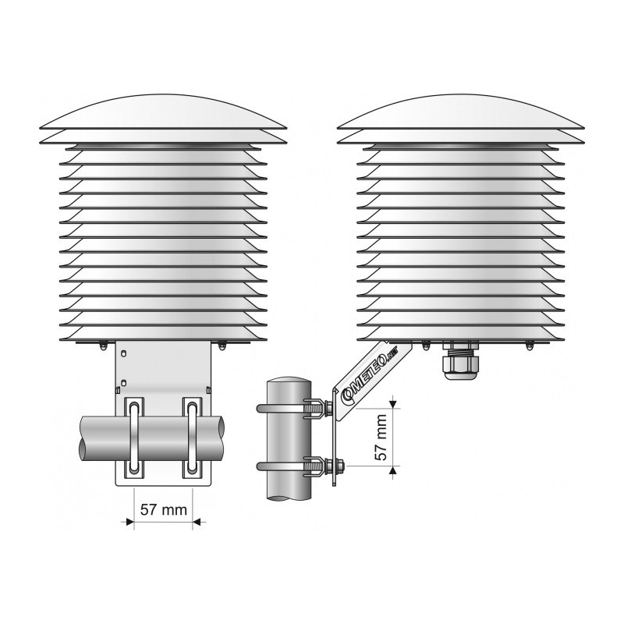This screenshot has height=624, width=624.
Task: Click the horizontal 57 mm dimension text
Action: [x=164, y=510]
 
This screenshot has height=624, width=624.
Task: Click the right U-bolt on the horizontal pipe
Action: [x=192, y=438]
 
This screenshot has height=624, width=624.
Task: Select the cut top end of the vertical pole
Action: [x=289, y=381]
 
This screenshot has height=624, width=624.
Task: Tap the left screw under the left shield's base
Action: [x=103, y=345]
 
